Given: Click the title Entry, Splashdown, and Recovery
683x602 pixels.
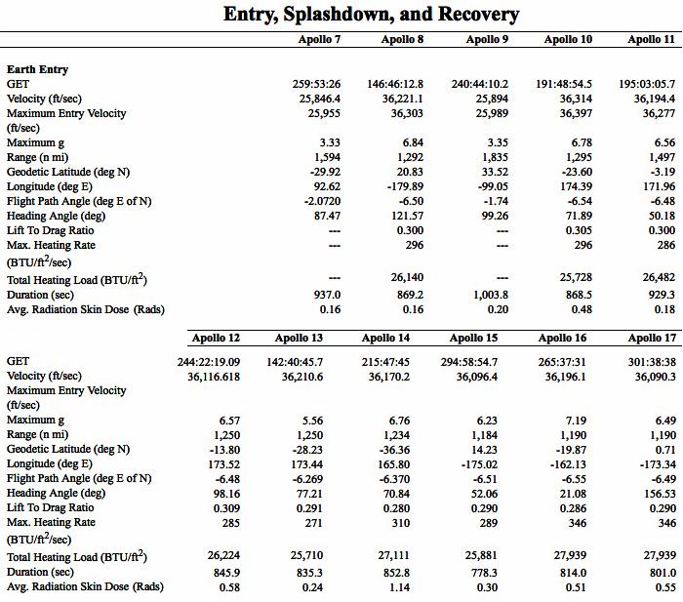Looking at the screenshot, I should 371,14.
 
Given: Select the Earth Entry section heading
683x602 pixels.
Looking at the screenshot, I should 37,69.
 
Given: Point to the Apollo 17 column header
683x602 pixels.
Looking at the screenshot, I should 651,339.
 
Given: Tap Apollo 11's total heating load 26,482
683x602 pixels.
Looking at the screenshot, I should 656,279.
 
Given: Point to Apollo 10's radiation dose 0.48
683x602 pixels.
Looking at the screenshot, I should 582,309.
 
